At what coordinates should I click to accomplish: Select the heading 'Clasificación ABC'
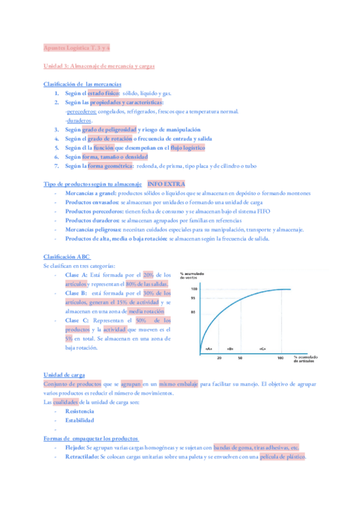[67, 257]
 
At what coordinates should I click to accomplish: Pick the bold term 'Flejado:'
[75, 448]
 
